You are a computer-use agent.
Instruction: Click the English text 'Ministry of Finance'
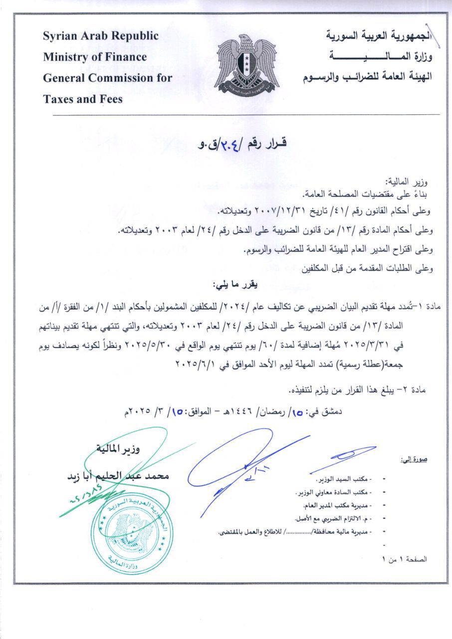[95, 57]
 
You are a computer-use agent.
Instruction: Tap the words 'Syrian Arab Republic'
[101, 36]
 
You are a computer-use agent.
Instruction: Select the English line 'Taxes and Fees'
[82, 99]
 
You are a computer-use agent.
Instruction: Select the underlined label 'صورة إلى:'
[414, 459]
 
